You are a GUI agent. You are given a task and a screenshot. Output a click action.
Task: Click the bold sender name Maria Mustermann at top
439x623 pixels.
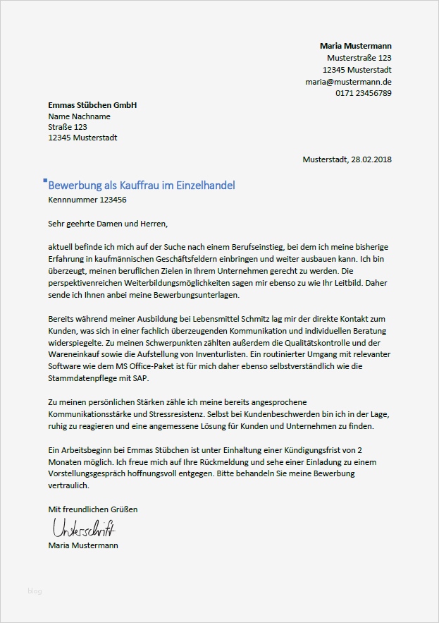coord(355,46)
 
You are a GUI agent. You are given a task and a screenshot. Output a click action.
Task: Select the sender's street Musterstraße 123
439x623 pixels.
coord(359,58)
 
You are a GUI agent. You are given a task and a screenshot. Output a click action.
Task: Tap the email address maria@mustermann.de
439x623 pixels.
coord(348,82)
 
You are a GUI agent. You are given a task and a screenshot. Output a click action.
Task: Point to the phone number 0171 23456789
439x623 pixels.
coord(363,94)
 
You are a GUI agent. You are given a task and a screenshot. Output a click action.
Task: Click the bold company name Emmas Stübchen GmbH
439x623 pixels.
coord(92,105)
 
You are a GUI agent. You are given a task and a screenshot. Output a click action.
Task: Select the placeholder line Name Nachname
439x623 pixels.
coord(79,116)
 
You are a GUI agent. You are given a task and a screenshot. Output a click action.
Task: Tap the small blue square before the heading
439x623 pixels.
coord(45,181)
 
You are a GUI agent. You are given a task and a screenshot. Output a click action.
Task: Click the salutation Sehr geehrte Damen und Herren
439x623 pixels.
coord(109,224)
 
